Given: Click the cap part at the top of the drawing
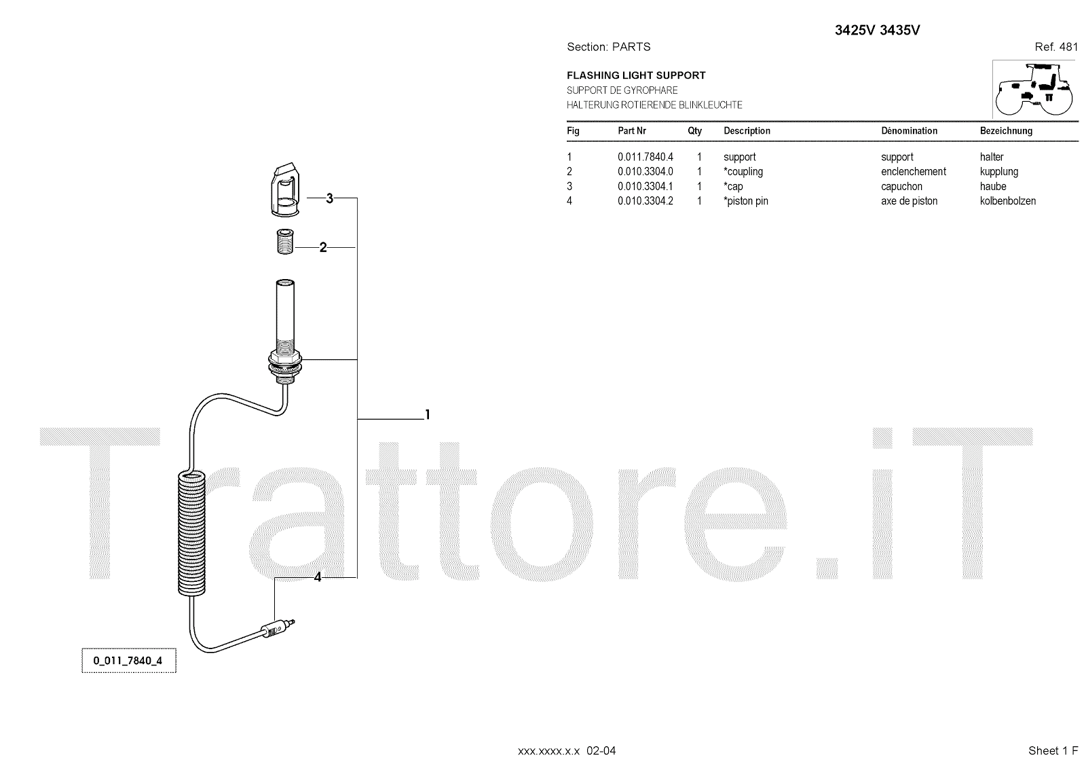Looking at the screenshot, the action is coord(284,189).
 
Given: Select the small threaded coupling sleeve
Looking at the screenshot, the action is coord(284,242).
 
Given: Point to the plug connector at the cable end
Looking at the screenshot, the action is coord(277,628).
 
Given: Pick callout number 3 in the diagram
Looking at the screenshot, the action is coord(329,198).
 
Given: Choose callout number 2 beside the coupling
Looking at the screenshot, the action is coord(323,248).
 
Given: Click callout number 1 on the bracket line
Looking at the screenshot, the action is coord(427,414).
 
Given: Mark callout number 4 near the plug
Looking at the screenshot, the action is coord(317,577).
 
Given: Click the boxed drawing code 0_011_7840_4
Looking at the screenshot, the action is coord(128,661).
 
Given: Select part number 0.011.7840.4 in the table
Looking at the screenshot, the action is coord(645,157).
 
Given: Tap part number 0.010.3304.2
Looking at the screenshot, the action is coord(645,201).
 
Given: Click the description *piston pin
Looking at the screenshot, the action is coord(746,201).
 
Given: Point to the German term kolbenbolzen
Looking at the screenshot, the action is coord(1007,201).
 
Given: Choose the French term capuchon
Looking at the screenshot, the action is coord(901,186).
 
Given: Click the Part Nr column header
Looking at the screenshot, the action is coord(631,130).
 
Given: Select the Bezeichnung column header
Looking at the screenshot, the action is coord(1006,130).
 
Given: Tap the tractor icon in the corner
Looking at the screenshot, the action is coord(1034,89).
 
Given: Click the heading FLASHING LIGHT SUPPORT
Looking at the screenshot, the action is coord(636,75).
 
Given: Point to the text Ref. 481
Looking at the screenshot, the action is coord(1055,47).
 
